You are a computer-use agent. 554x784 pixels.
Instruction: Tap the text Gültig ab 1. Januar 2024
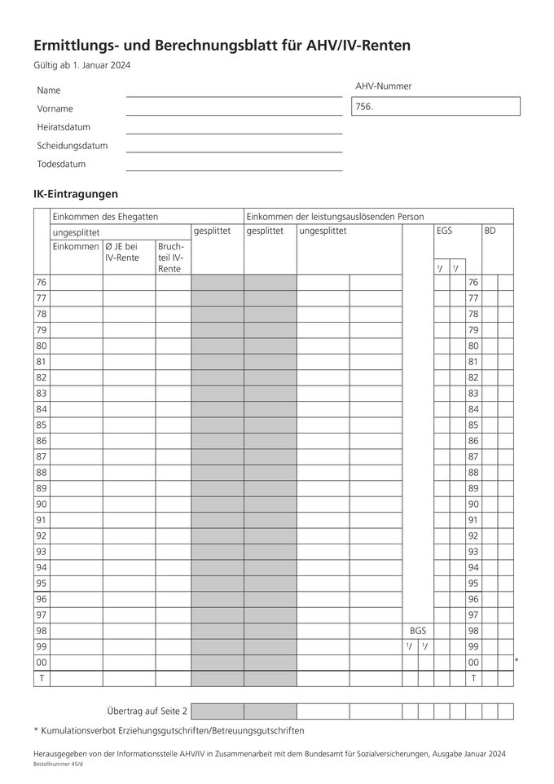(81, 66)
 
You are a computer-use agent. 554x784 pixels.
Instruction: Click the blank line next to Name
(234, 90)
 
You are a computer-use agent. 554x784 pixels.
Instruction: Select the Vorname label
(55, 108)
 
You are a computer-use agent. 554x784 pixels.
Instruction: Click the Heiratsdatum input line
(234, 127)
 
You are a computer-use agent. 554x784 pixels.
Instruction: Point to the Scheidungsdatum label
(72, 146)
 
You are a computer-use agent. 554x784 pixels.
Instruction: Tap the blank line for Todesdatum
(234, 164)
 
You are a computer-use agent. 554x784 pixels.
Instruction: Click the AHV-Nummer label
(383, 86)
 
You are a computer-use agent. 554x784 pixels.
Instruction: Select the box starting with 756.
(435, 107)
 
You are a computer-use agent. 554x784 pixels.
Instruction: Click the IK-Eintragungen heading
(76, 194)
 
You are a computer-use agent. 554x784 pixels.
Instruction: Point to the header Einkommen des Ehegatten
(104, 217)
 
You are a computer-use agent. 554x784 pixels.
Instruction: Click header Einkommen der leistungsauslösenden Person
(335, 217)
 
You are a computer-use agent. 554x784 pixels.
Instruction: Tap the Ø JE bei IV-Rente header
(122, 252)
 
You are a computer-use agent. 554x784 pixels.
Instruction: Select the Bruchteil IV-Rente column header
(171, 257)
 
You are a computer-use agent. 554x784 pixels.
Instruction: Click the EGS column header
(444, 231)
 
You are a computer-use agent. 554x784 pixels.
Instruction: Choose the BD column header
(490, 231)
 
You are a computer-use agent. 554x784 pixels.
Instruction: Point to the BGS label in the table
(417, 631)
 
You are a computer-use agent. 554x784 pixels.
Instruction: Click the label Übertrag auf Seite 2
(147, 711)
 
